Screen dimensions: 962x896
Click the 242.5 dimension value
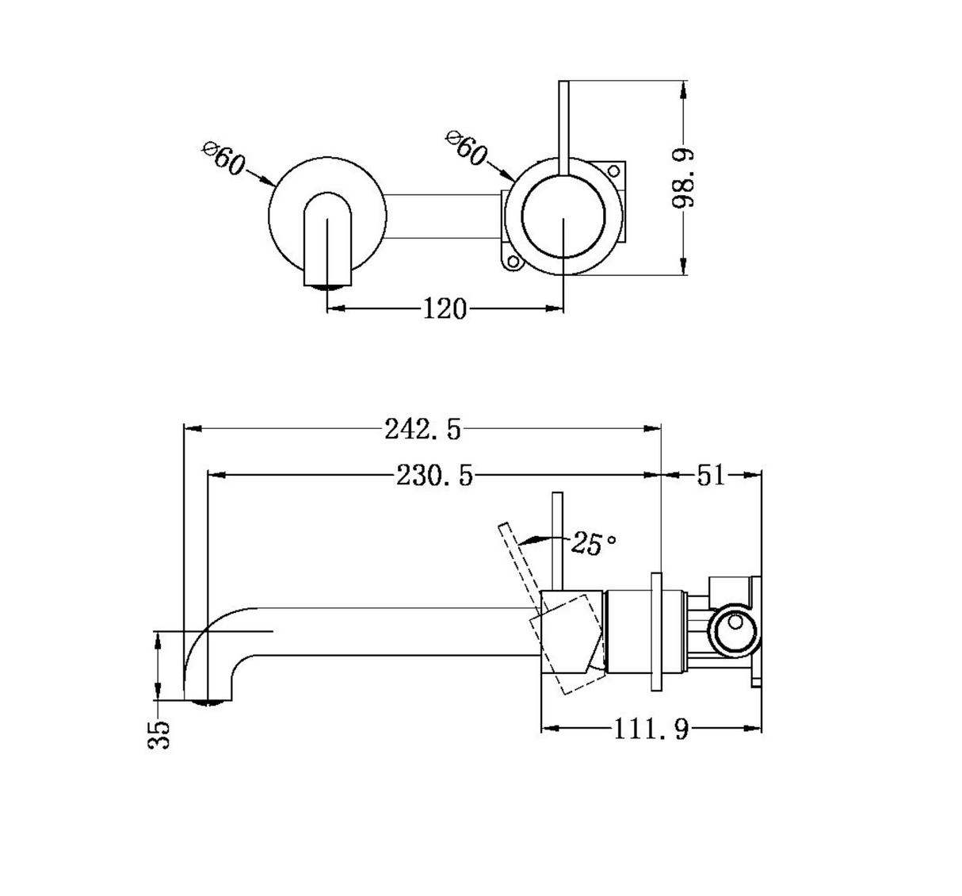pyautogui.click(x=422, y=429)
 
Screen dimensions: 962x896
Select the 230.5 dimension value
pyautogui.click(x=434, y=475)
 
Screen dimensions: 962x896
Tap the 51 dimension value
pyautogui.click(x=711, y=475)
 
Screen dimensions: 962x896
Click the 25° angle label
pyautogui.click(x=594, y=543)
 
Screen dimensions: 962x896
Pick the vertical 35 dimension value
pyautogui.click(x=159, y=735)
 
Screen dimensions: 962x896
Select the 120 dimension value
pyautogui.click(x=445, y=309)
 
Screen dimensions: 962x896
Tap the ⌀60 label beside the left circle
pyautogui.click(x=224, y=159)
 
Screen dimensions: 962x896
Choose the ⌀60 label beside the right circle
pyautogui.click(x=466, y=147)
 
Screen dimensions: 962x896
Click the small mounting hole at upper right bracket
pyautogui.click(x=613, y=171)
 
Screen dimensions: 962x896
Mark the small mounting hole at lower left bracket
pyautogui.click(x=513, y=262)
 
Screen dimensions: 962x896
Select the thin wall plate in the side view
pyautogui.click(x=656, y=632)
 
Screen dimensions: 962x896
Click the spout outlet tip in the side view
pyautogui.click(x=208, y=702)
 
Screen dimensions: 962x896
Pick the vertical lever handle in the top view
pyautogui.click(x=563, y=127)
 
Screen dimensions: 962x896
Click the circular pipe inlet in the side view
pyautogui.click(x=734, y=631)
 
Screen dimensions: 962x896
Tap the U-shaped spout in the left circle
pyautogui.click(x=327, y=239)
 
